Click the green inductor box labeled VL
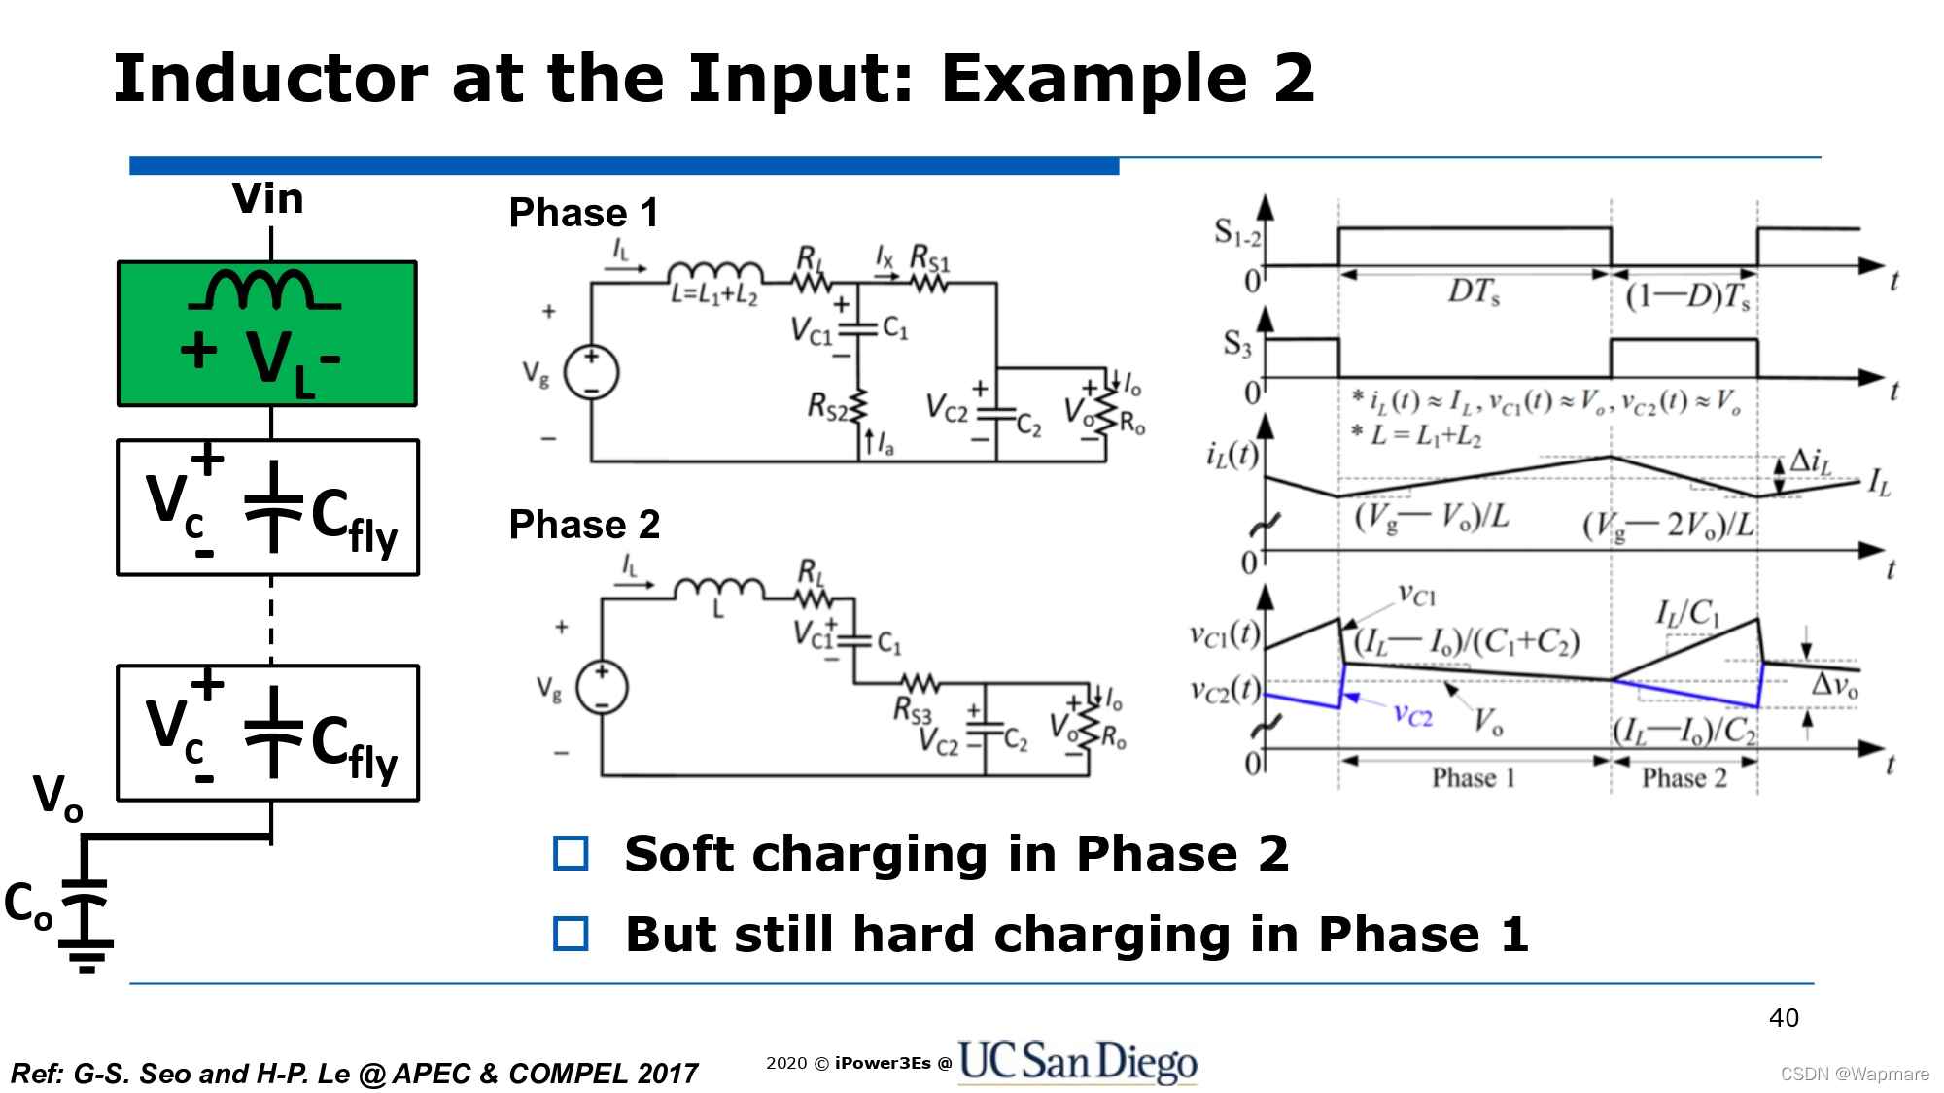tap(267, 333)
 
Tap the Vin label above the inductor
tap(267, 199)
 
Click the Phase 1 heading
tap(583, 213)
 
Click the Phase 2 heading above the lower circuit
tap(584, 525)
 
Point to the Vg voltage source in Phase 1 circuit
tap(591, 372)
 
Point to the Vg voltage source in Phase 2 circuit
tap(602, 687)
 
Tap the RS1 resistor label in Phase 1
tap(929, 259)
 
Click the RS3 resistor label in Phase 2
tap(912, 710)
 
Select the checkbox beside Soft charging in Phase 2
tap(571, 854)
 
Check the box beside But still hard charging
tap(571, 935)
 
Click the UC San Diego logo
tap(1077, 1061)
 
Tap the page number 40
tap(1784, 1018)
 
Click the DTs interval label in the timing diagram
tap(1474, 291)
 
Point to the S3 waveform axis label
tap(1236, 343)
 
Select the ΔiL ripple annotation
tap(1810, 461)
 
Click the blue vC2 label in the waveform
tap(1412, 716)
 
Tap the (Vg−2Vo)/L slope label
tap(1668, 526)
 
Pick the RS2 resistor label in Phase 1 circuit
tap(827, 406)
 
